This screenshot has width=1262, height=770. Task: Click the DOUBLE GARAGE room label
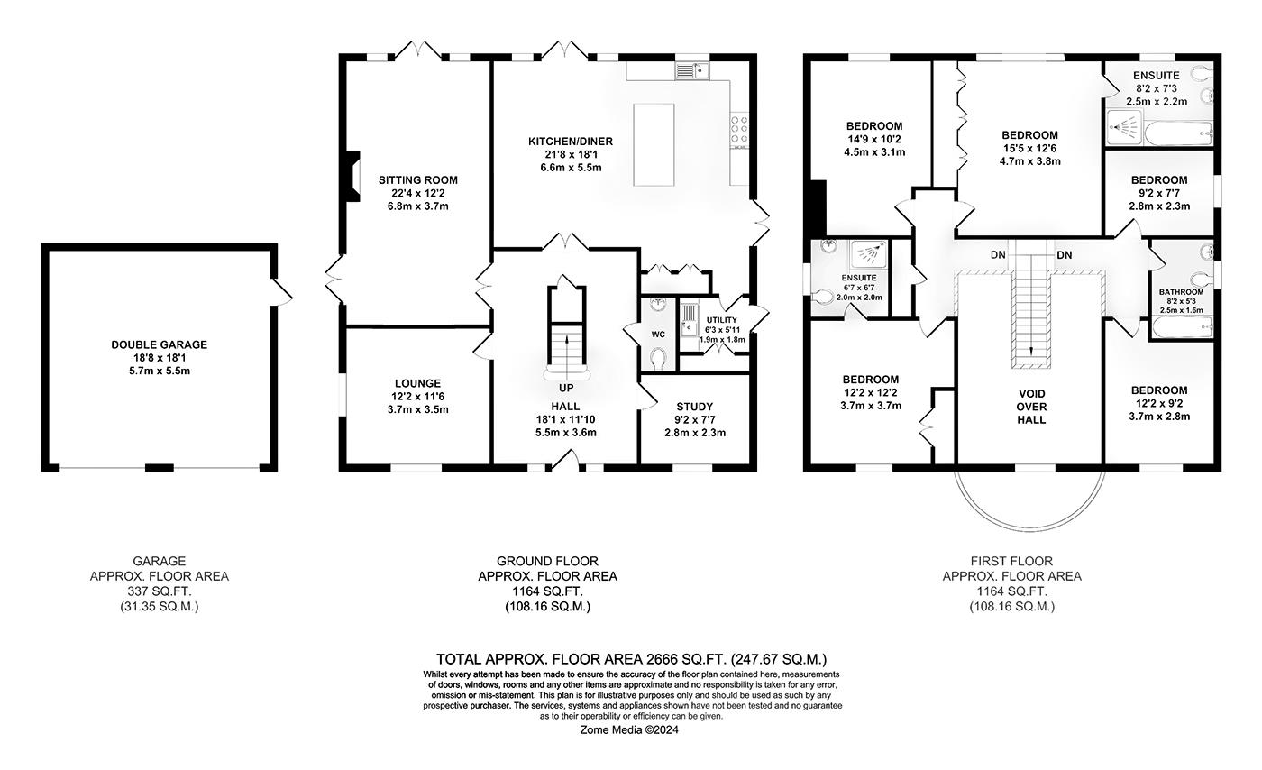159,344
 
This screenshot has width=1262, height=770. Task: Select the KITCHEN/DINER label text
571,142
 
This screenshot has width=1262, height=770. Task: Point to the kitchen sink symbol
692,70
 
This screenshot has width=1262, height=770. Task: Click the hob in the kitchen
739,131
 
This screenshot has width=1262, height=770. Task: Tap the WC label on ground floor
658,335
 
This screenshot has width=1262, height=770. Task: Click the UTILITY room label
721,320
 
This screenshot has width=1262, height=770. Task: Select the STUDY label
694,407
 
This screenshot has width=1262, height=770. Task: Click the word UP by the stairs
566,389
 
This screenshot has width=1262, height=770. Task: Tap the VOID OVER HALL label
1030,406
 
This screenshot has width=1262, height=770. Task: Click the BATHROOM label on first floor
1181,292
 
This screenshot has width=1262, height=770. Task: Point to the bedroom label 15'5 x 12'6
1029,149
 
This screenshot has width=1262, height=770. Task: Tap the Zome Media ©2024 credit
628,730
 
